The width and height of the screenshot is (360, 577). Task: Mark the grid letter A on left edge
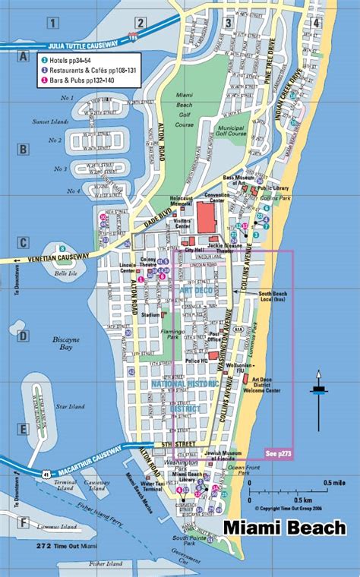24,57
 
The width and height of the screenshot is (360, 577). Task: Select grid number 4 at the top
315,23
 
